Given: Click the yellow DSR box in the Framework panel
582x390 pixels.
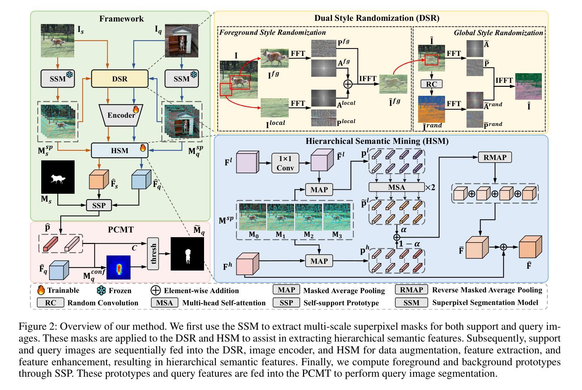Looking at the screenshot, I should click(119, 79).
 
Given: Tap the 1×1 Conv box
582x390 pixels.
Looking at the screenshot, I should click(285, 163).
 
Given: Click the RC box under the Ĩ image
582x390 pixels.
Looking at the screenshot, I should click(431, 84).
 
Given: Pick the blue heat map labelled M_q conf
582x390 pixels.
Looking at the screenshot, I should click(118, 267).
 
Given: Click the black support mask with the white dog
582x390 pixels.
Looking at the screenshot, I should click(58, 177).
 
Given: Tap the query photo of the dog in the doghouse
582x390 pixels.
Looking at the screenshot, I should click(181, 41).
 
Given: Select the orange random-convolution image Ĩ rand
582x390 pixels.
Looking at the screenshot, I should click(431, 109).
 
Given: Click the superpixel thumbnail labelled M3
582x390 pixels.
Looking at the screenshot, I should click(337, 217).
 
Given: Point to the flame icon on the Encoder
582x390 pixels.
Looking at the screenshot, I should click(136, 109).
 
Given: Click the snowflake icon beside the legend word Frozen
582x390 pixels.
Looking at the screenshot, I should click(101, 290).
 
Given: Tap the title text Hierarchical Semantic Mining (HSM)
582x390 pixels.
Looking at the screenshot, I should click(377, 141).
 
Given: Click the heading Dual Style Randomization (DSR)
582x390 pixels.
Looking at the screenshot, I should click(377, 18).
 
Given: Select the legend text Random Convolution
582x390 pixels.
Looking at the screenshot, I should click(103, 303).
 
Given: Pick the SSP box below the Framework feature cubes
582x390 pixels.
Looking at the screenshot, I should click(99, 206).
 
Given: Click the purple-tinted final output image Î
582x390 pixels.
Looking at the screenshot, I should click(528, 86).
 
